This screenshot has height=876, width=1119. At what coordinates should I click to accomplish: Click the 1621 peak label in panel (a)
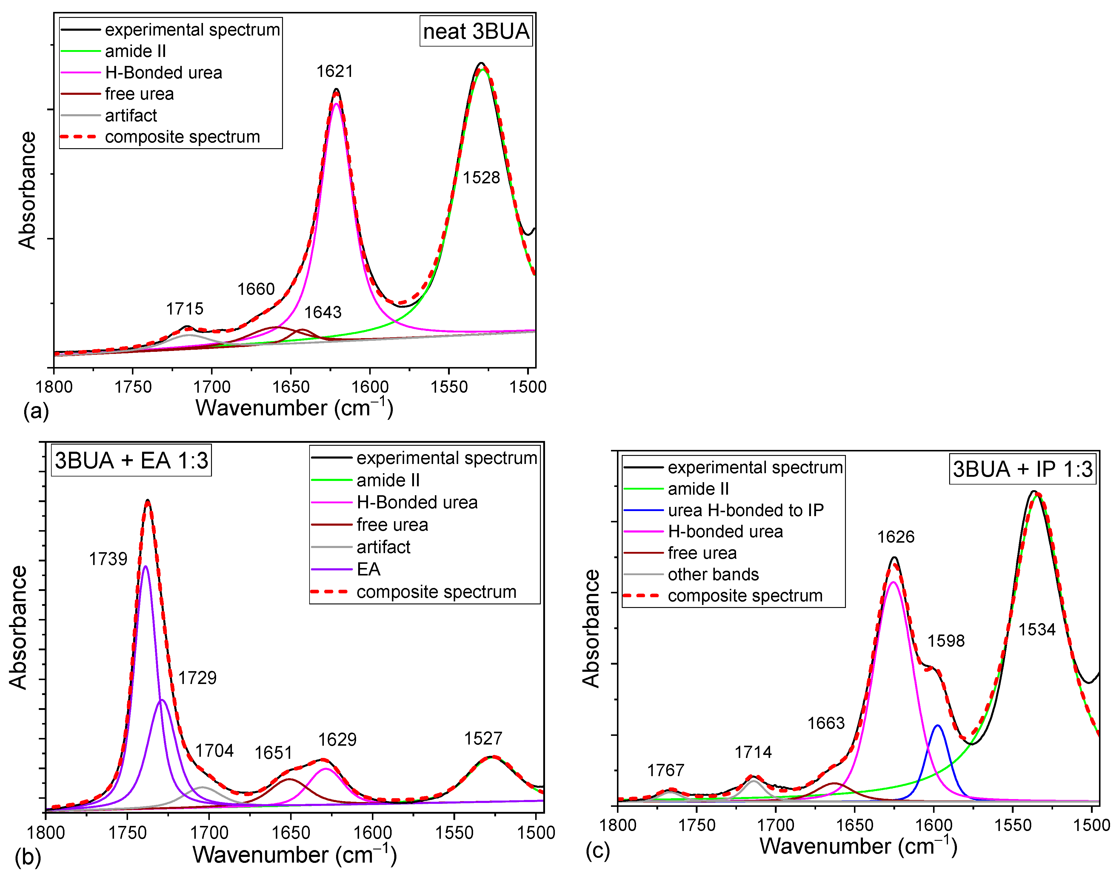pos(335,71)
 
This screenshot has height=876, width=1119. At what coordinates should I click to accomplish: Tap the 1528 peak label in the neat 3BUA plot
pos(481,177)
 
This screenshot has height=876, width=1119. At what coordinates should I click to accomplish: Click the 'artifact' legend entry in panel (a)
pos(131,115)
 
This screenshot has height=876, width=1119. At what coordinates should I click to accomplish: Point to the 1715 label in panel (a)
pos(184,309)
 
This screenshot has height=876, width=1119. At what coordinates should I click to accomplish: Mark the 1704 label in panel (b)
pos(214,751)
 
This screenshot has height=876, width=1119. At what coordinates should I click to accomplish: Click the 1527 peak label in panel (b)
pos(483,739)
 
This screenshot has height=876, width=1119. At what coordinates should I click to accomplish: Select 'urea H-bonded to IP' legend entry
pos(745,510)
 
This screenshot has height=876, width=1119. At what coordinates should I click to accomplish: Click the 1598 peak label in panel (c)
pos(946,640)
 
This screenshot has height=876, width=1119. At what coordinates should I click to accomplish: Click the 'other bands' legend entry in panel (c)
pos(713,575)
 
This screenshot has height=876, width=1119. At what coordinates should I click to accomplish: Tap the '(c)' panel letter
pos(598,851)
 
